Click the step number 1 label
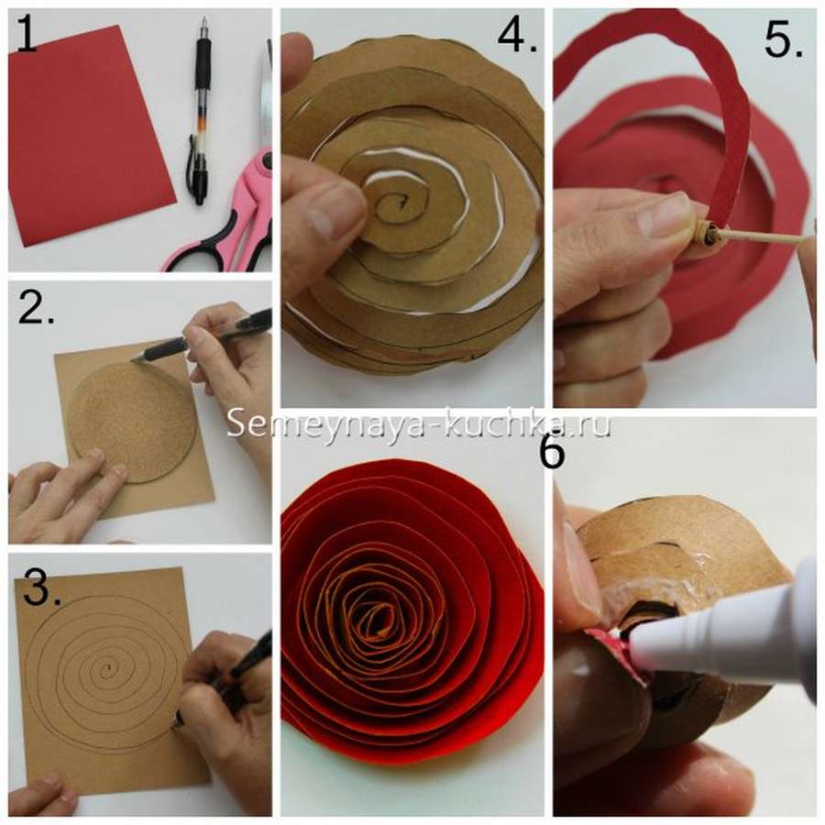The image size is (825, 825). [27, 34]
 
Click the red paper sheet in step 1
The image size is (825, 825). [93, 135]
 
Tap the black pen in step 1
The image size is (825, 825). [200, 112]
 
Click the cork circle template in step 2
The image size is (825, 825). [134, 421]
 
